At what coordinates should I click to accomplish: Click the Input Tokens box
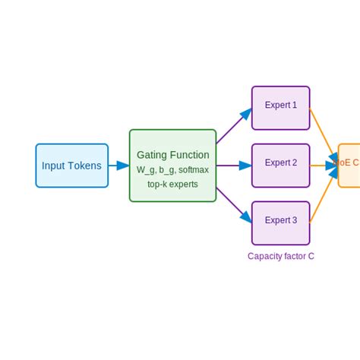tap(71, 166)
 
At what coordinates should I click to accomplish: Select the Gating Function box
tap(172, 166)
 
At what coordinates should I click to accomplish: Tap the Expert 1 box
tap(280, 108)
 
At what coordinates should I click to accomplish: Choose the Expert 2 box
tap(280, 165)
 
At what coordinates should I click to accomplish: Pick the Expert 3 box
tap(280, 223)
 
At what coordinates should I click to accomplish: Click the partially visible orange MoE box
tap(349, 165)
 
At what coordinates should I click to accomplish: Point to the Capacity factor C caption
tap(280, 256)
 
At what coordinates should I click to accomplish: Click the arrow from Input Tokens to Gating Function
tap(118, 166)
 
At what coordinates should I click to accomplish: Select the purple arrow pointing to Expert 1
tap(233, 127)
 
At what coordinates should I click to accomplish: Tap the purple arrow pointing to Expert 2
tap(234, 166)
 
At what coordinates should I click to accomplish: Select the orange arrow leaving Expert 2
tap(324, 165)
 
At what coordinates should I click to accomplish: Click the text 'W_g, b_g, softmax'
tap(172, 170)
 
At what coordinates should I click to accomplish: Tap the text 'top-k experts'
tap(172, 184)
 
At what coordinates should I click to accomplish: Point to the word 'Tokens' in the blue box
tap(85, 166)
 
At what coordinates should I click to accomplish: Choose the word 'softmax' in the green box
tap(193, 170)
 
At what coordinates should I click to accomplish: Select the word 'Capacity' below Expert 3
tap(265, 256)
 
